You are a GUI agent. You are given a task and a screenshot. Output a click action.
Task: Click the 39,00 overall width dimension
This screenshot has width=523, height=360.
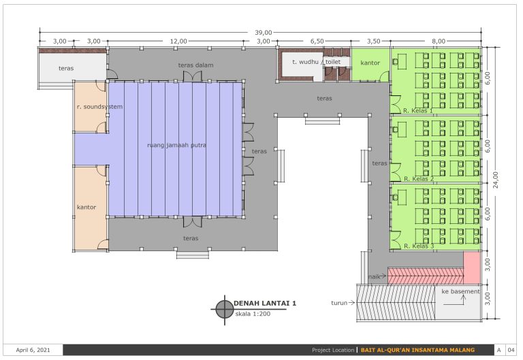pyautogui.click(x=263, y=33)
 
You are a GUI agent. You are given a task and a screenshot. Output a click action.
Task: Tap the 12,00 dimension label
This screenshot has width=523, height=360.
pyautogui.click(x=178, y=41)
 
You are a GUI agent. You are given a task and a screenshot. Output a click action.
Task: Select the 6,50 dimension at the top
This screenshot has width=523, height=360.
pyautogui.click(x=317, y=41)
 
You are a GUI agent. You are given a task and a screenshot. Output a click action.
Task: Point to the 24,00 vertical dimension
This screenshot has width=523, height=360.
pyautogui.click(x=496, y=180)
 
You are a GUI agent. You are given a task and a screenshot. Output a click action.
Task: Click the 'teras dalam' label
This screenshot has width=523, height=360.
pyautogui.click(x=195, y=65)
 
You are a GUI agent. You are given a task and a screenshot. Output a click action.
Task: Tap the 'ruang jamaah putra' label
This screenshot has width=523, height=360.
pyautogui.click(x=176, y=146)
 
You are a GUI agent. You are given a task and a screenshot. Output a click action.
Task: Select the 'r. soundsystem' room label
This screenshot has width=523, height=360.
pyautogui.click(x=99, y=107)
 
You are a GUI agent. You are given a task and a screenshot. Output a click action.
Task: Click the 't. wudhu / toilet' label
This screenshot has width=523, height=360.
pyautogui.click(x=316, y=62)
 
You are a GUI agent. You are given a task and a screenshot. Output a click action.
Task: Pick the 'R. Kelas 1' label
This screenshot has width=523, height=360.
pyautogui.click(x=418, y=111)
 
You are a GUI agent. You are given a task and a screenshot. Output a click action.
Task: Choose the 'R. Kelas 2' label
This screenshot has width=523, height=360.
pyautogui.click(x=419, y=179)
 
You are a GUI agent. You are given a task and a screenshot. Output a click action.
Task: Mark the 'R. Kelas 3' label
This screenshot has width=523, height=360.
pyautogui.click(x=419, y=246)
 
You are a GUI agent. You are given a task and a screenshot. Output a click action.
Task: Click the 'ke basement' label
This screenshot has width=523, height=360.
pyautogui.click(x=460, y=291)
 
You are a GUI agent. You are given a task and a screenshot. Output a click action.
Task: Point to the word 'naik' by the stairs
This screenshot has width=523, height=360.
pyautogui.click(x=374, y=277)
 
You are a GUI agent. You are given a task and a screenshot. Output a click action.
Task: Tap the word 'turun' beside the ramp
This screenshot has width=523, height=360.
pyautogui.click(x=339, y=303)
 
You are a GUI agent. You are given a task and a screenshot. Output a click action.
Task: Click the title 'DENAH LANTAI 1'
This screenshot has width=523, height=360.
pyautogui.click(x=265, y=304)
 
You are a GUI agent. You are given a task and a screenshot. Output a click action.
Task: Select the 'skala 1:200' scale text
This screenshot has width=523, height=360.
pyautogui.click(x=253, y=314)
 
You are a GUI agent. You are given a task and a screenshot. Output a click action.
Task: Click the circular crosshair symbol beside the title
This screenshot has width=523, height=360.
pyautogui.click(x=225, y=310)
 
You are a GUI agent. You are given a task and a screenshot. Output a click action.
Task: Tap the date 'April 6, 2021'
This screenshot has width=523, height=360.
pyautogui.click(x=33, y=350)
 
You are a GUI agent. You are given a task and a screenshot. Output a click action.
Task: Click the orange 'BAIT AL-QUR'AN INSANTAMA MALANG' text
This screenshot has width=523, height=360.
pyautogui.click(x=417, y=350)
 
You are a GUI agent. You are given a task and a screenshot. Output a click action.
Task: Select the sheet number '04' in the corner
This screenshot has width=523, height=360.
pyautogui.click(x=511, y=350)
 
